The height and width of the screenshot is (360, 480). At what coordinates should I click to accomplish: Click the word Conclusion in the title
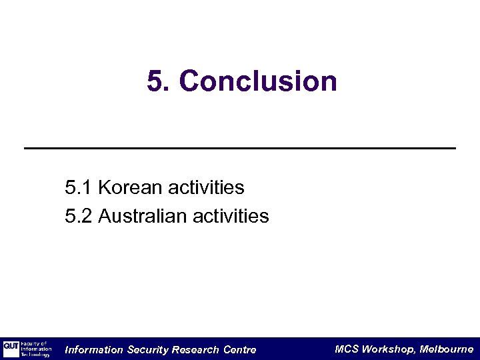click(x=258, y=82)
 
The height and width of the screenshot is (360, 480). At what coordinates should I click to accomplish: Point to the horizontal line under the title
click(x=240, y=147)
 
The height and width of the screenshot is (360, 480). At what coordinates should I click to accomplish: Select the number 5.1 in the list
click(x=79, y=188)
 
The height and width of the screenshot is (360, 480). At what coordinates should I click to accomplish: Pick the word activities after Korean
click(x=206, y=188)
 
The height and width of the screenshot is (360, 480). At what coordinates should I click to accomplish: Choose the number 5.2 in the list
click(x=79, y=216)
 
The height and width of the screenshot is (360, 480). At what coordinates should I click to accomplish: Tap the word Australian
click(x=142, y=216)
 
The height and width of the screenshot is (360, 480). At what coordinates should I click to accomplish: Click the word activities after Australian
click(x=231, y=216)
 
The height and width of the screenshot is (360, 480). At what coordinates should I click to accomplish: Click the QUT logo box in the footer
click(x=11, y=348)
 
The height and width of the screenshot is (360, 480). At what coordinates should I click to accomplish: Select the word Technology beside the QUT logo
click(x=35, y=355)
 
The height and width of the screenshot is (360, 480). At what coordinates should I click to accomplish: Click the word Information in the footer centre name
click(x=94, y=350)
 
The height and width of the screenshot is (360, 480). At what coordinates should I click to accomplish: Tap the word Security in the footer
click(x=147, y=350)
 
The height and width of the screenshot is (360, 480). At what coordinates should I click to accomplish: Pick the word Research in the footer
click(x=195, y=350)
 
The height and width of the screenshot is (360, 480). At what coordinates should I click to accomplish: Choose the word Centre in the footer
click(x=239, y=350)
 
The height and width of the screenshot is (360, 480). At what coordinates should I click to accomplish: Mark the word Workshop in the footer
click(x=389, y=349)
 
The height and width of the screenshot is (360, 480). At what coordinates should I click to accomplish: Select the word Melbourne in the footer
click(x=447, y=349)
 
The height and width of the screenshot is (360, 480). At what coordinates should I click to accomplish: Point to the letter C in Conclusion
click(x=189, y=82)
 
